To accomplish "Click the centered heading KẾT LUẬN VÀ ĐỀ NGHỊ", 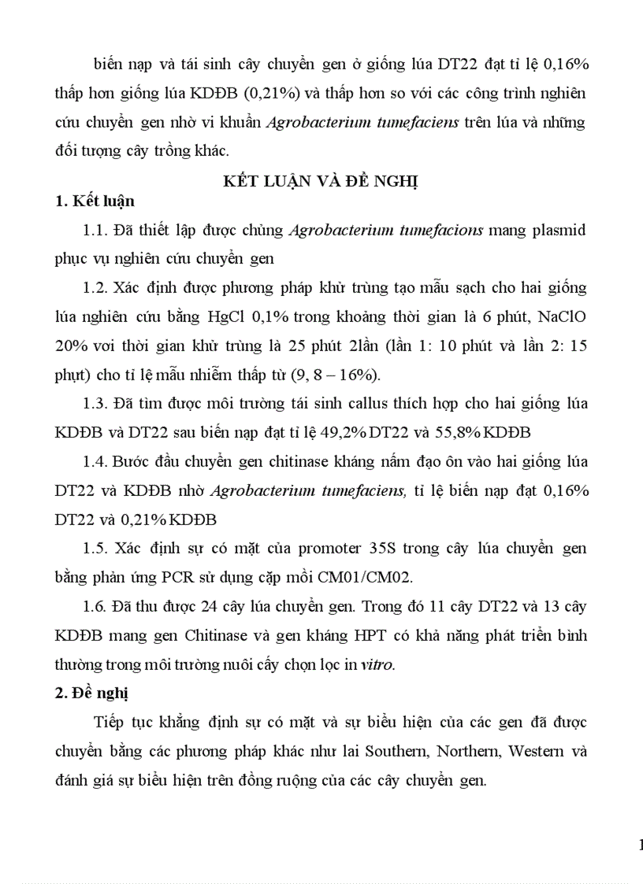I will click(321, 181).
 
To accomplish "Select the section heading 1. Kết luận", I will click(95, 202).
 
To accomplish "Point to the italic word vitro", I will click(375, 664).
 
